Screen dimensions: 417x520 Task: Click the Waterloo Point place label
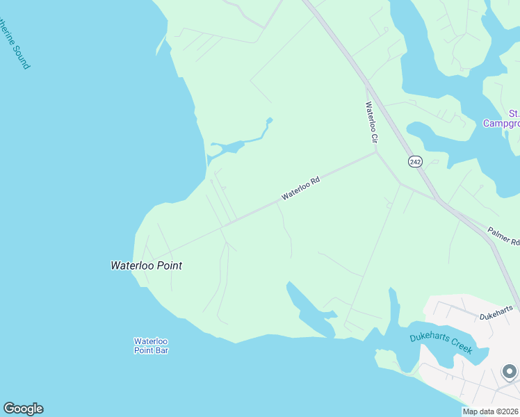click(146, 265)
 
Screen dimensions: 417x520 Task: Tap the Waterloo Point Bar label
click(151, 345)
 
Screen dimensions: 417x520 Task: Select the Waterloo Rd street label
click(300, 188)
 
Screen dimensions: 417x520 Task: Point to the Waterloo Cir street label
click(371, 123)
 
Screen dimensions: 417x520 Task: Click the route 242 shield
click(415, 161)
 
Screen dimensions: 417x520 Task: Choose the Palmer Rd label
click(503, 236)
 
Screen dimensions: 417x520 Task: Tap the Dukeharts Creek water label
click(440, 343)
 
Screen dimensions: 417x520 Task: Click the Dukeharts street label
click(496, 312)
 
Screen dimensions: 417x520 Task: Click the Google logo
click(23, 409)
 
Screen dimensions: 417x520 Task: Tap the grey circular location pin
click(510, 372)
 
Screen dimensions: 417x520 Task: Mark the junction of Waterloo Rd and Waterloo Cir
click(376, 154)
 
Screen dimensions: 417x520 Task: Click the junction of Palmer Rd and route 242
click(438, 200)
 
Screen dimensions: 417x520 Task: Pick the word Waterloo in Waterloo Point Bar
click(151, 341)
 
